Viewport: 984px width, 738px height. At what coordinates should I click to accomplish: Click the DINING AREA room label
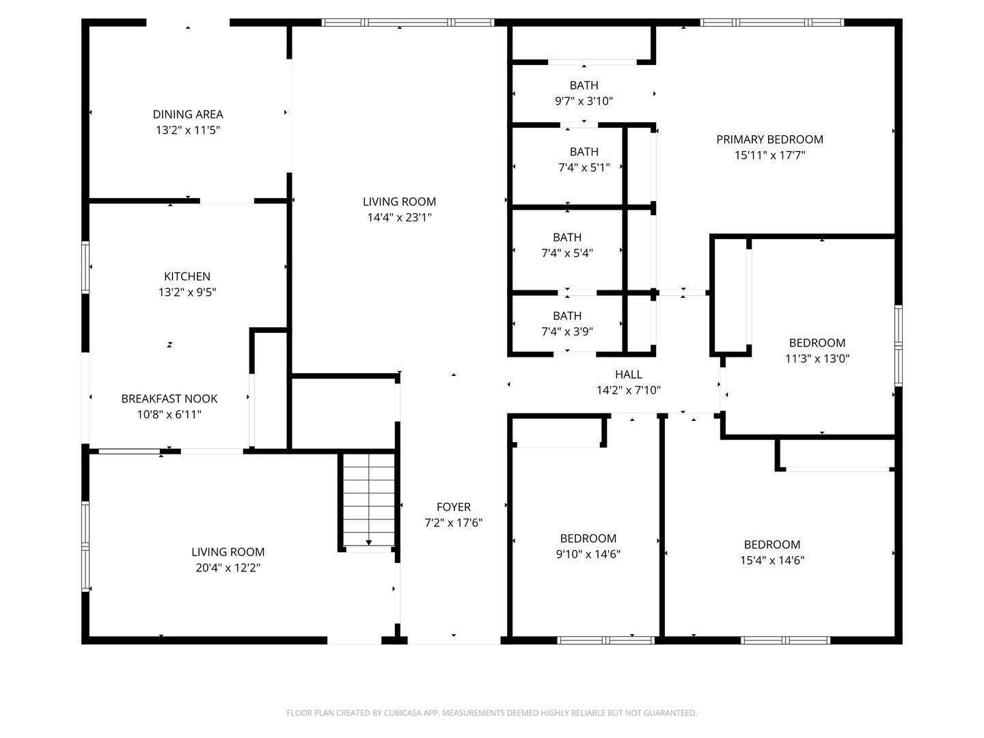(x=187, y=114)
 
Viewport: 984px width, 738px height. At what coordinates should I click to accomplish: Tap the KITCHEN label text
(x=187, y=276)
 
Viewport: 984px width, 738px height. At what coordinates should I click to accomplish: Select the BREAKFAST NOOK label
(x=169, y=398)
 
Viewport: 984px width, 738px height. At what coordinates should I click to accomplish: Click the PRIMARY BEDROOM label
(x=769, y=139)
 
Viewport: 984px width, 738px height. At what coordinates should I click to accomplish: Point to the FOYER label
(x=454, y=506)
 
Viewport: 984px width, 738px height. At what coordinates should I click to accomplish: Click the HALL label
(x=628, y=374)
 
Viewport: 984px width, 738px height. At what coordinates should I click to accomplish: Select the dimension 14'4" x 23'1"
(x=399, y=217)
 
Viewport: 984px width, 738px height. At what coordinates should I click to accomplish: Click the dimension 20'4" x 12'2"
(x=228, y=567)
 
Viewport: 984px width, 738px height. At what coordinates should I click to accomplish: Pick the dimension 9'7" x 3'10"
(x=584, y=101)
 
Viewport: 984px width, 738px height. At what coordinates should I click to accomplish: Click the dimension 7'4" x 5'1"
(x=584, y=167)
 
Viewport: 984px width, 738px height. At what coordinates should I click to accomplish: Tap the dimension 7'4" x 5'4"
(x=567, y=253)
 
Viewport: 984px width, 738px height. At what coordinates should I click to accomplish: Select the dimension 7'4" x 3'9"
(x=567, y=331)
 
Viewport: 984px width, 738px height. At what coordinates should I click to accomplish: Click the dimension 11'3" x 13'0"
(x=817, y=358)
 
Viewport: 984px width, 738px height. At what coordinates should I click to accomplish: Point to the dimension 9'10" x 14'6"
(x=588, y=554)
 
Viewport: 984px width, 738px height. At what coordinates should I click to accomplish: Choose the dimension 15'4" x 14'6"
(x=772, y=560)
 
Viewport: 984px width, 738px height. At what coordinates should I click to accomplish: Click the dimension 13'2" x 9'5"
(x=187, y=292)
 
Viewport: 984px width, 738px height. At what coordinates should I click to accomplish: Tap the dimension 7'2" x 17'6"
(x=454, y=523)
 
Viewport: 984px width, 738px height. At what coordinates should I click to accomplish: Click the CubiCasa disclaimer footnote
(x=491, y=713)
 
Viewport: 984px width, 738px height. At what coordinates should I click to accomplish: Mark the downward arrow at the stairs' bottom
(x=369, y=543)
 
